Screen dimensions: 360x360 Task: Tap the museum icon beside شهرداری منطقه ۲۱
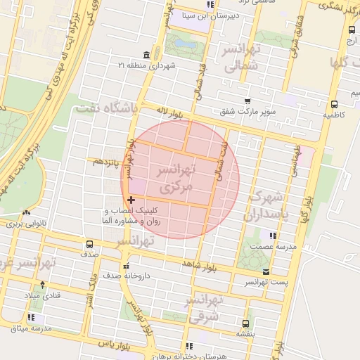146,56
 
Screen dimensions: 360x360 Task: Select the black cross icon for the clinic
131,200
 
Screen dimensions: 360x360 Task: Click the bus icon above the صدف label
89,245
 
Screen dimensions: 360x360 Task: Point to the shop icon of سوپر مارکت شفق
245,101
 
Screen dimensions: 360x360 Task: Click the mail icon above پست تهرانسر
265,271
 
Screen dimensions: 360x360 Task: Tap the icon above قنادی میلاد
43,285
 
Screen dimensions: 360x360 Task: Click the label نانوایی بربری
25,224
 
